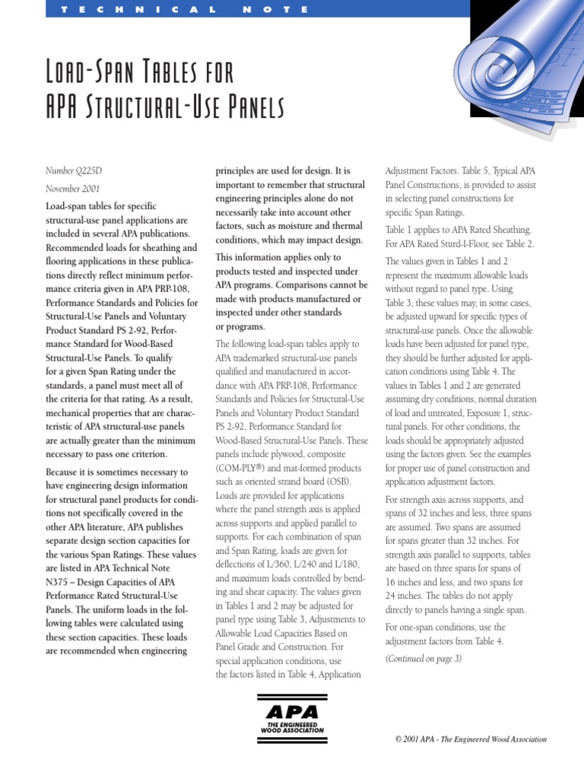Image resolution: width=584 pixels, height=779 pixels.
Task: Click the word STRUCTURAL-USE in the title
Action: pyautogui.click(x=148, y=110)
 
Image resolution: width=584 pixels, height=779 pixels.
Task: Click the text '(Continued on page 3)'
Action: pyautogui.click(x=423, y=659)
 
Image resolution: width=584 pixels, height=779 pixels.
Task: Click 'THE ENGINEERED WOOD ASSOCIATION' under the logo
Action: pyautogui.click(x=292, y=727)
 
